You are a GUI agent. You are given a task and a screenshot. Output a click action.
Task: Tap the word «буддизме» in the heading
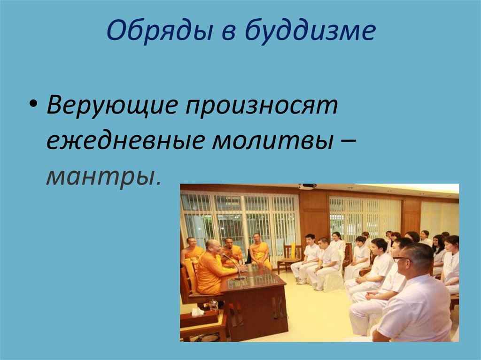point(310,32)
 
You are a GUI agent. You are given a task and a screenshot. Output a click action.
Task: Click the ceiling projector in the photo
point(308,186)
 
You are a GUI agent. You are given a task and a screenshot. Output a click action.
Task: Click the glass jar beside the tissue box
point(214,305)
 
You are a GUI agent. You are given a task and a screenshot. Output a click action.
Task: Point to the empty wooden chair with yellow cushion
point(289,257)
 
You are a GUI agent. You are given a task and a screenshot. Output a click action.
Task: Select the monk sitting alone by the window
point(260,250)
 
